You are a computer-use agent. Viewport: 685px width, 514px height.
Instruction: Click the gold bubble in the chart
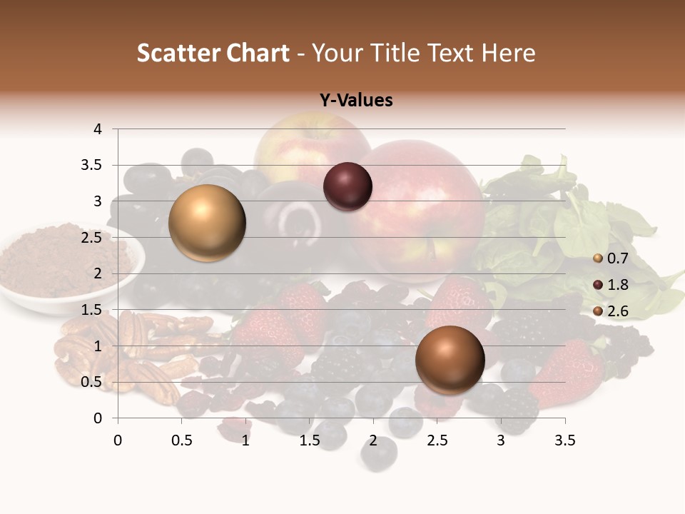pyautogui.click(x=207, y=223)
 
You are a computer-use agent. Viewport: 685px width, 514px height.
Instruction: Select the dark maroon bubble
pyautogui.click(x=347, y=187)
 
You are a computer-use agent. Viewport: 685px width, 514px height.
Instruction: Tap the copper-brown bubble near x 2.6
pyautogui.click(x=450, y=360)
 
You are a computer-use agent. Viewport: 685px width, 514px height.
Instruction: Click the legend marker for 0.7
pyautogui.click(x=598, y=258)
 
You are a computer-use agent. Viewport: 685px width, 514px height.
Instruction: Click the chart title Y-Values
pyautogui.click(x=356, y=101)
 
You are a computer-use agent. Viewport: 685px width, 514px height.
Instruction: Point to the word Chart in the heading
pyautogui.click(x=258, y=53)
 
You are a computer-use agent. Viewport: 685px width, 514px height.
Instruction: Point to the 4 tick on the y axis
pyautogui.click(x=98, y=129)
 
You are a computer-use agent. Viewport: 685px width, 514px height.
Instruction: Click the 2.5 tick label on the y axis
pyautogui.click(x=92, y=238)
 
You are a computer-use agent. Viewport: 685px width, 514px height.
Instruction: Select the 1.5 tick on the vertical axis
pyautogui.click(x=92, y=310)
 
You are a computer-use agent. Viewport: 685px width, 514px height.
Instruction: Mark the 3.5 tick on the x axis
pyautogui.click(x=564, y=440)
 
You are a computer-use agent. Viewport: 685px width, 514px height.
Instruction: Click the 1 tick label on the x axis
pyautogui.click(x=245, y=440)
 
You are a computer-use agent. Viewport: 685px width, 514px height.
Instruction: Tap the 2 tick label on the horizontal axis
pyautogui.click(x=373, y=440)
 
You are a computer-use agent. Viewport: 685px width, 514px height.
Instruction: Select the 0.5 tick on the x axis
pyautogui.click(x=181, y=440)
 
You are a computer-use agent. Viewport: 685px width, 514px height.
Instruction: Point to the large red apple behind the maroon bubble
pyautogui.click(x=421, y=207)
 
